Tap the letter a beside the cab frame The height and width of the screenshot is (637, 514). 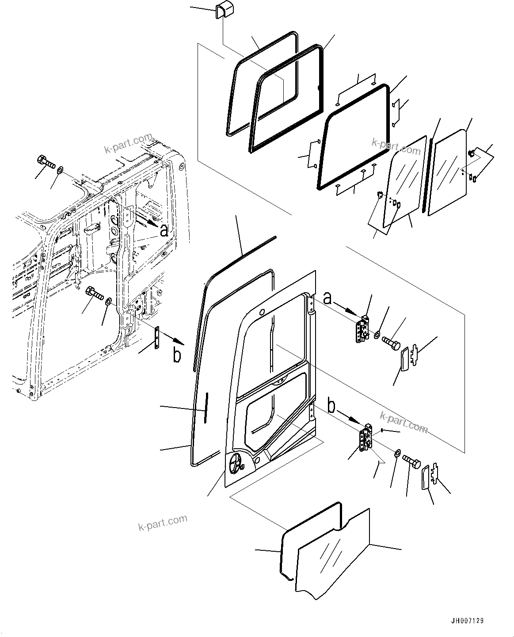tap(164, 230)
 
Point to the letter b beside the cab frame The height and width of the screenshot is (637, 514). tap(177, 356)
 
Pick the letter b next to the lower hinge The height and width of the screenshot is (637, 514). tap(332, 404)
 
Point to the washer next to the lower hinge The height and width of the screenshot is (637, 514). tap(397, 453)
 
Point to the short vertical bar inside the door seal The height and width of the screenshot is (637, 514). tap(206, 407)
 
